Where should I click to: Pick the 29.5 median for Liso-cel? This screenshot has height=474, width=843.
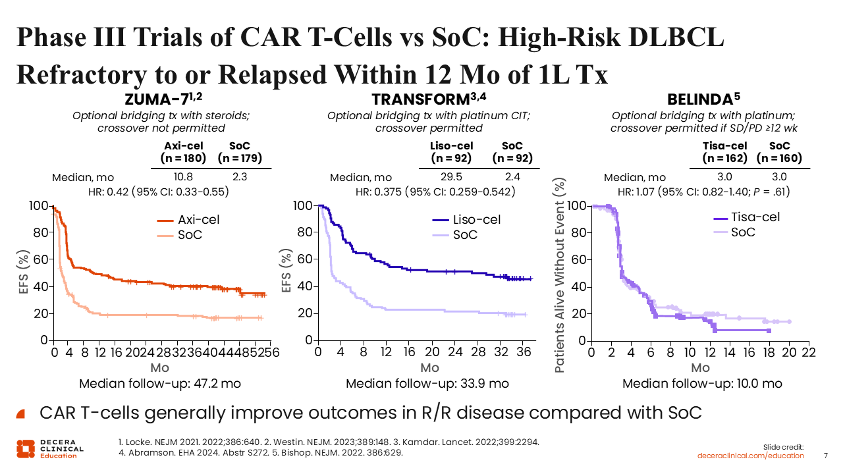(450, 177)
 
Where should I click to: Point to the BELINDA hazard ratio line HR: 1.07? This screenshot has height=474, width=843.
(703, 192)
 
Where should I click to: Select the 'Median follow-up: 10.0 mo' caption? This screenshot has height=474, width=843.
(702, 384)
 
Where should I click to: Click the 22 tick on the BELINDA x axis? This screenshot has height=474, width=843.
(808, 354)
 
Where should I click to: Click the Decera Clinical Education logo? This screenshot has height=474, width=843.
(49, 448)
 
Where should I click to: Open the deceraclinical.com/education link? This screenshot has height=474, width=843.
(751, 456)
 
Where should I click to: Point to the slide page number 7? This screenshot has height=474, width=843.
(827, 456)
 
